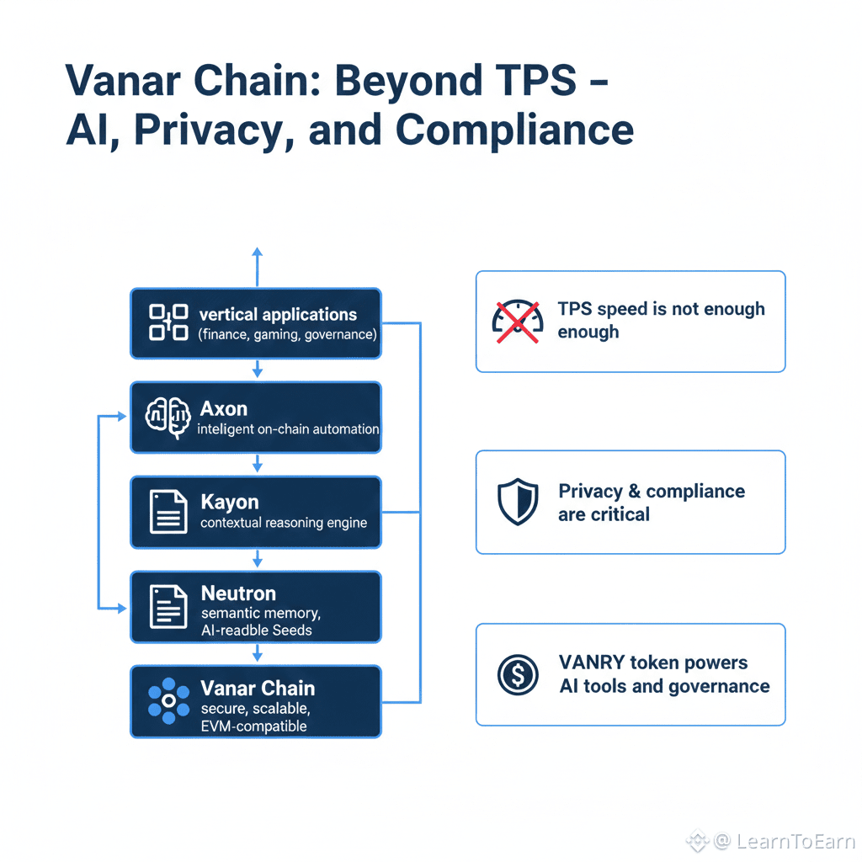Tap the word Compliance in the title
pyautogui.click(x=514, y=130)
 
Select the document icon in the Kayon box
pyautogui.click(x=168, y=512)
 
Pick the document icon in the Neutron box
pyautogui.click(x=168, y=606)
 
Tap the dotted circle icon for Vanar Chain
pyautogui.click(x=168, y=700)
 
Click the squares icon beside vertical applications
pyautogui.click(x=168, y=322)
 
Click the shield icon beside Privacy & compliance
pyautogui.click(x=518, y=502)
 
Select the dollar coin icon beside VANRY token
pyautogui.click(x=518, y=674)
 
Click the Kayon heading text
pyautogui.click(x=230, y=502)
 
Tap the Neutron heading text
pyautogui.click(x=238, y=593)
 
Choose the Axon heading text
pyautogui.click(x=224, y=409)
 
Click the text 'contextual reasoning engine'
pyautogui.click(x=284, y=523)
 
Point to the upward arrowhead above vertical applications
pyautogui.click(x=258, y=252)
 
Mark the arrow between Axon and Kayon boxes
pyautogui.click(x=258, y=464)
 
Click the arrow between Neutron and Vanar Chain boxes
pyautogui.click(x=258, y=653)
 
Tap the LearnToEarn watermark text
pyautogui.click(x=795, y=841)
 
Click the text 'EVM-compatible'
pyautogui.click(x=253, y=726)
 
